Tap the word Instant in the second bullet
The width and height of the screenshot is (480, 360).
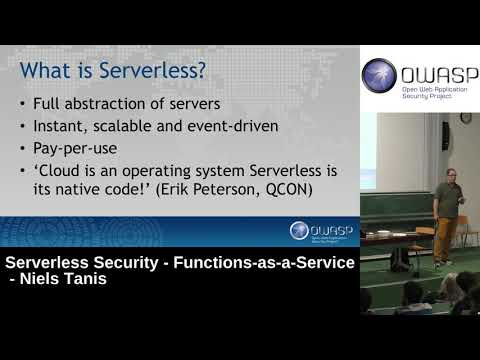coord(61,127)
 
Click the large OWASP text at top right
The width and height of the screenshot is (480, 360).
coord(433,73)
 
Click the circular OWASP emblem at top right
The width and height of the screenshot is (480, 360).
coord(381,75)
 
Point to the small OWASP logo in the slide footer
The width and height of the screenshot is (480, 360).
coord(310,232)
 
